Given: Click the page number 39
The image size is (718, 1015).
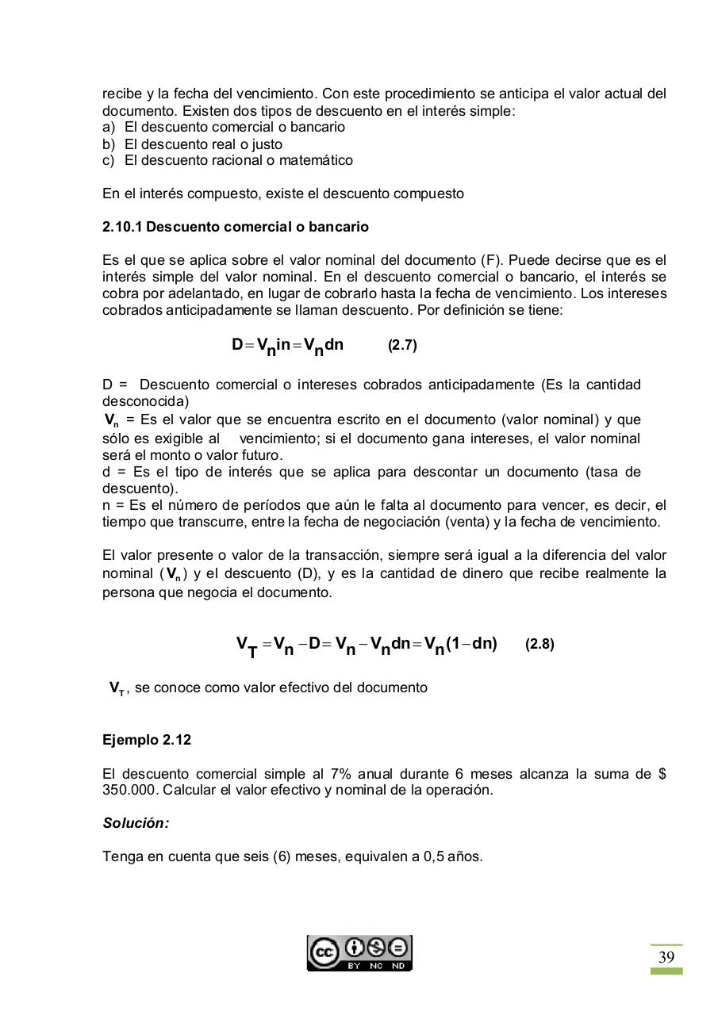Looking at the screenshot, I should [666, 957].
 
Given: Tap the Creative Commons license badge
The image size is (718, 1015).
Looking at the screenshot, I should [359, 953].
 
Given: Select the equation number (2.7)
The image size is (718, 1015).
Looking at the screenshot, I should [402, 346].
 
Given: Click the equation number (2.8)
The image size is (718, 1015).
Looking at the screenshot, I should [539, 645].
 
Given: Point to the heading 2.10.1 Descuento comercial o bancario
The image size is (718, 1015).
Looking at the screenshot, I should [236, 227].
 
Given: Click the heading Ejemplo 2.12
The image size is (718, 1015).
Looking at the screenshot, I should [147, 740].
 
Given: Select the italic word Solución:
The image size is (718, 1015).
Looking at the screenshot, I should [136, 823].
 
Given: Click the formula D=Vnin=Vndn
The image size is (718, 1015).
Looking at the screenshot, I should [287, 346].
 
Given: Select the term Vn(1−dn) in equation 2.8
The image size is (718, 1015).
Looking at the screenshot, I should [460, 644].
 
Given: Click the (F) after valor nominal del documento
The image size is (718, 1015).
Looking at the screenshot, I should [490, 260].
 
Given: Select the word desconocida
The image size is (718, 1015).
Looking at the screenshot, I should [146, 401].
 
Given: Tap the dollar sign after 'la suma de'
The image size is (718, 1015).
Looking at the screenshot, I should [661, 774].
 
